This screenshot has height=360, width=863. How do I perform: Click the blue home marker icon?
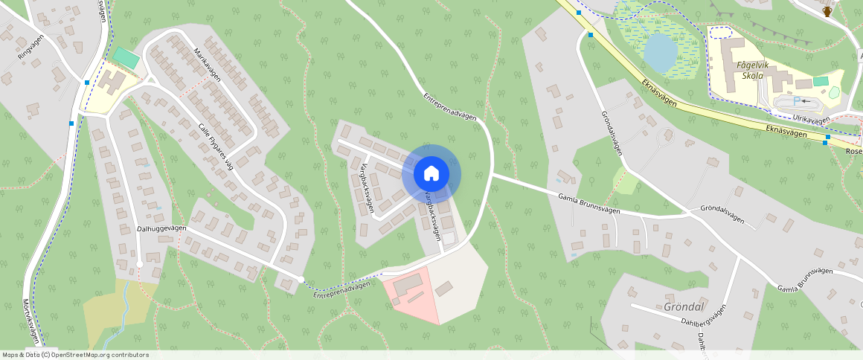coord(431,174)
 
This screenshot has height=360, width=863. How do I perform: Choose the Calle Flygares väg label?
coord(216,146)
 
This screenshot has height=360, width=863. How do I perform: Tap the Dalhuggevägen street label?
coord(161,228)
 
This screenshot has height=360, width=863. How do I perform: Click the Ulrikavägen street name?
coord(811,119)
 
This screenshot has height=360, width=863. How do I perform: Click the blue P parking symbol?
coord(797,100)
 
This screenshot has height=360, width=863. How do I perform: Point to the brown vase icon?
coord(827,10)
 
